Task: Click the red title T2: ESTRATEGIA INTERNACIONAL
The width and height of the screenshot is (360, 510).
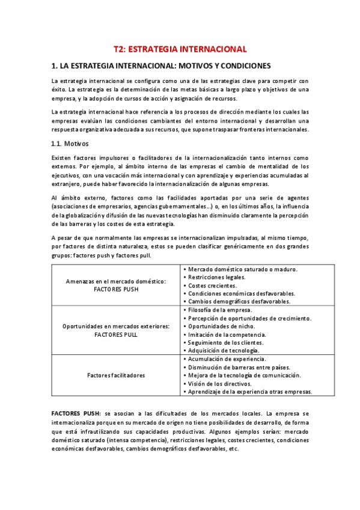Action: [x=180, y=49]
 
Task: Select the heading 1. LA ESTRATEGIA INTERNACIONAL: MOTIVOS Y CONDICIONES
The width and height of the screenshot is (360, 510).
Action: [x=161, y=66]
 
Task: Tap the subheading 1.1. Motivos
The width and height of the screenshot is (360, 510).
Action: [x=70, y=144]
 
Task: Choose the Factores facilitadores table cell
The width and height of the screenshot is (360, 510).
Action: [x=116, y=375]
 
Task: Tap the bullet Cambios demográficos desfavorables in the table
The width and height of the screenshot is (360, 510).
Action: [x=239, y=301]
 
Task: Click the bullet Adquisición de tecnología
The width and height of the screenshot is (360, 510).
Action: [x=223, y=351]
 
